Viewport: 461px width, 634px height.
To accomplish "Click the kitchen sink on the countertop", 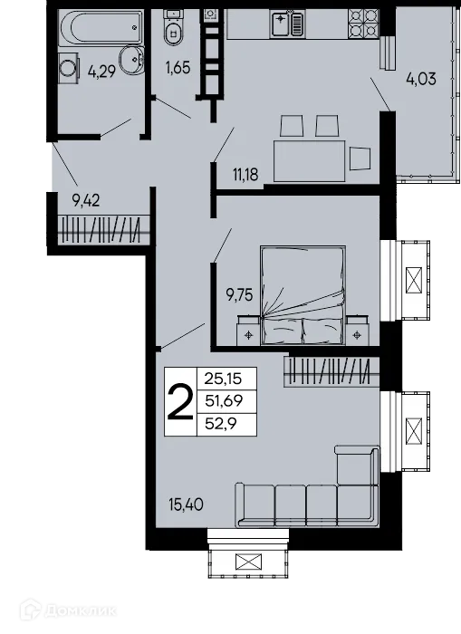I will [x=287, y=24].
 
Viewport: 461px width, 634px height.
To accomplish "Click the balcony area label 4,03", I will [x=420, y=78].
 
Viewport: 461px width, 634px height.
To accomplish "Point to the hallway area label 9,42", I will [x=85, y=200].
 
